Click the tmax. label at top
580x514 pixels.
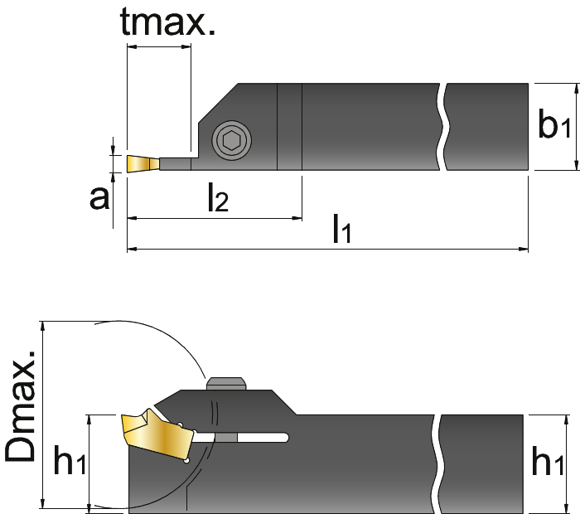coord(167,22)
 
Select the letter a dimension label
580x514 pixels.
coord(99,198)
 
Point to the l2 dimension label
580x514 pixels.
coord(218,197)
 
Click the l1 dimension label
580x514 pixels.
coord(342,228)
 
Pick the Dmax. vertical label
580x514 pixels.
coord(21,405)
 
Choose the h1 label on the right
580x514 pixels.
coord(548,461)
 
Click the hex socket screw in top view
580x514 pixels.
coord(231,140)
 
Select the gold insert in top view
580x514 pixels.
coord(143,163)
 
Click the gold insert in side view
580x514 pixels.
coord(157,434)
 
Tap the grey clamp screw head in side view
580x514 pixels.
coord(226,383)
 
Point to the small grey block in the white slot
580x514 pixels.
coord(226,438)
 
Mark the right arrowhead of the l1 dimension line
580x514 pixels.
coord(524,249)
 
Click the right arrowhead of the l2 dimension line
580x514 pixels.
coord(297,218)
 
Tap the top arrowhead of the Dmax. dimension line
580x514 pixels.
coord(43,326)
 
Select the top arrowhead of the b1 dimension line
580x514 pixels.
coord(576,88)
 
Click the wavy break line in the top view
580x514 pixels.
coord(443,127)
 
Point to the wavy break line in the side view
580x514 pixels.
coord(438,464)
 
